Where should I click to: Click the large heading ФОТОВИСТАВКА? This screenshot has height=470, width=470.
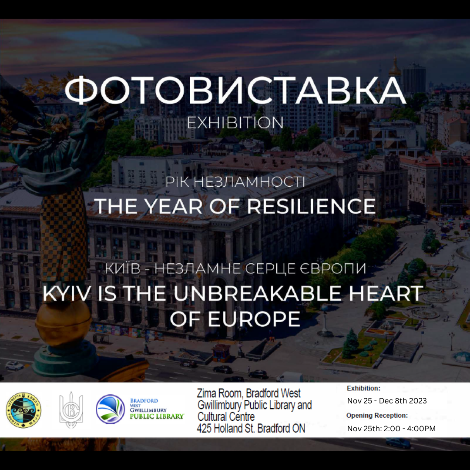235,91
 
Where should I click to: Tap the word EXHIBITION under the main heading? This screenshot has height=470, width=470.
235,123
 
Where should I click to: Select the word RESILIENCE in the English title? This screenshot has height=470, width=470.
311,206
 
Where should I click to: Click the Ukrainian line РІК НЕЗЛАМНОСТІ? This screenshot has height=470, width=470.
235,182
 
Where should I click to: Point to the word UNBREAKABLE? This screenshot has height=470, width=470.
257,293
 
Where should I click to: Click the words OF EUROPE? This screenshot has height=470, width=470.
235,319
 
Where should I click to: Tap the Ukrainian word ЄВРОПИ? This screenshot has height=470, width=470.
333,268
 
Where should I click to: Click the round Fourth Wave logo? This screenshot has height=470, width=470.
23,410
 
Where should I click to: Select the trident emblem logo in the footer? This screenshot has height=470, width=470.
71,410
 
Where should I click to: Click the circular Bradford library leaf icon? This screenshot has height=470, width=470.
110,409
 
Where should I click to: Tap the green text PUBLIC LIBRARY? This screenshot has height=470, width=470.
157,416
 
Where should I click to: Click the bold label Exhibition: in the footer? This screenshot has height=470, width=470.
363,388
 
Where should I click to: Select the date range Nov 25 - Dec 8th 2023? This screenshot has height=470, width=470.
387,401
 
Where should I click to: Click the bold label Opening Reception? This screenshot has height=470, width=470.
377,416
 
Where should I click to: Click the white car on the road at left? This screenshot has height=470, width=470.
14,366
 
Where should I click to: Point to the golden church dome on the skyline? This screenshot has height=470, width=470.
395,67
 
